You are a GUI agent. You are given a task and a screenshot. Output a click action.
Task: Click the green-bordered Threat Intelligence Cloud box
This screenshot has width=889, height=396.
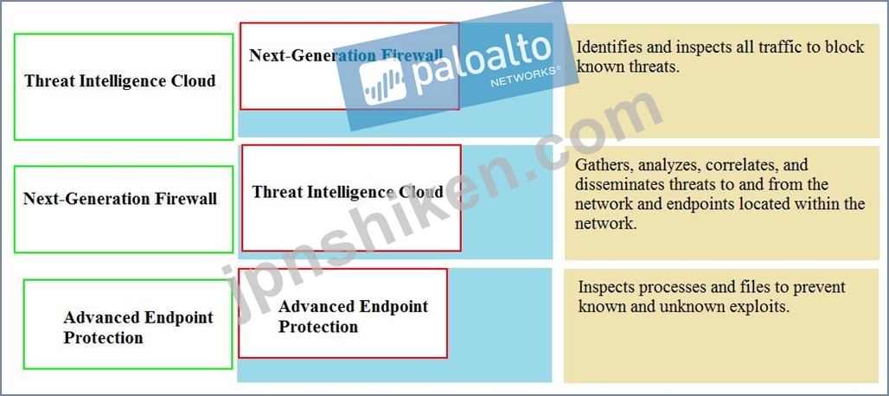coord(123,86)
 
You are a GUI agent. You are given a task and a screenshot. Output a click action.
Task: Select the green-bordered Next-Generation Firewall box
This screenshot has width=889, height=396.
coord(123,209)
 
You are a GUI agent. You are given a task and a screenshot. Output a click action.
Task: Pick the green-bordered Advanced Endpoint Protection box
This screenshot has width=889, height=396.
coord(128,324)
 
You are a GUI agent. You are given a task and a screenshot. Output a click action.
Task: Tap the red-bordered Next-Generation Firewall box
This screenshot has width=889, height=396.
coord(349,67)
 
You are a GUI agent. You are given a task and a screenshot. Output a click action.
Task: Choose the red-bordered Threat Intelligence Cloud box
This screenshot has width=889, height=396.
coord(351,198)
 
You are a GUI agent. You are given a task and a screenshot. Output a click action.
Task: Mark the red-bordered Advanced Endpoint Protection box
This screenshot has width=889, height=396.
coord(342,313)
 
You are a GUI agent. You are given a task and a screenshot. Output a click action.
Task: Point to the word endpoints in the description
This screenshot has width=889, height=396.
coord(682,204)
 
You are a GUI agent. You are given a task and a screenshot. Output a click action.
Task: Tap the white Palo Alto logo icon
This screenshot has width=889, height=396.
coord(383,81)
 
